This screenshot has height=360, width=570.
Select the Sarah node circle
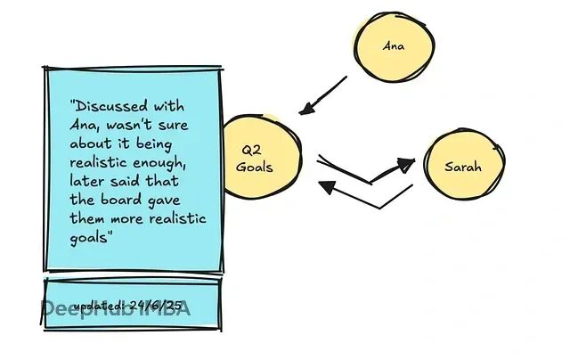462,167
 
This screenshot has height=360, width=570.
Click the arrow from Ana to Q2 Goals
324,94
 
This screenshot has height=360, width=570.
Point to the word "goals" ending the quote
88,237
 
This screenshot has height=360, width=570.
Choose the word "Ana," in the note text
85,125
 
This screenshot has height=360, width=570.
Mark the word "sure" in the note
174,124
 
